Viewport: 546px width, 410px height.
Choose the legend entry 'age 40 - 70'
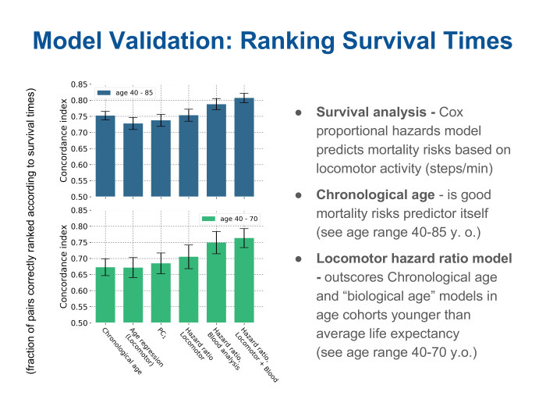point(228,219)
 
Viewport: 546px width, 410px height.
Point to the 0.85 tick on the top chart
point(78,84)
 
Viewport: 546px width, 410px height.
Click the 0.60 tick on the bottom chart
point(78,291)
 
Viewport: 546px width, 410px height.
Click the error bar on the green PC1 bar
point(161,263)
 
